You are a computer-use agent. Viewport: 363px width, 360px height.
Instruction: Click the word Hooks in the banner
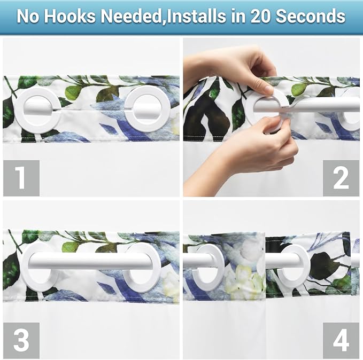pyautogui.click(x=71, y=16)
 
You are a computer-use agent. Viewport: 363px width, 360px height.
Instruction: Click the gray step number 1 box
pyautogui.click(x=21, y=178)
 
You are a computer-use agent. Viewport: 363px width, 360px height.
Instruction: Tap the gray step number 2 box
pyautogui.click(x=341, y=178)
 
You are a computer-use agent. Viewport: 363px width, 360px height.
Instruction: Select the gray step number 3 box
pyautogui.click(x=21, y=340)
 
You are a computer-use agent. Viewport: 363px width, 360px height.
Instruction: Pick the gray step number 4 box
pyautogui.click(x=341, y=340)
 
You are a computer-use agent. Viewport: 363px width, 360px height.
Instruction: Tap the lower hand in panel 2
pyautogui.click(x=257, y=155)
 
